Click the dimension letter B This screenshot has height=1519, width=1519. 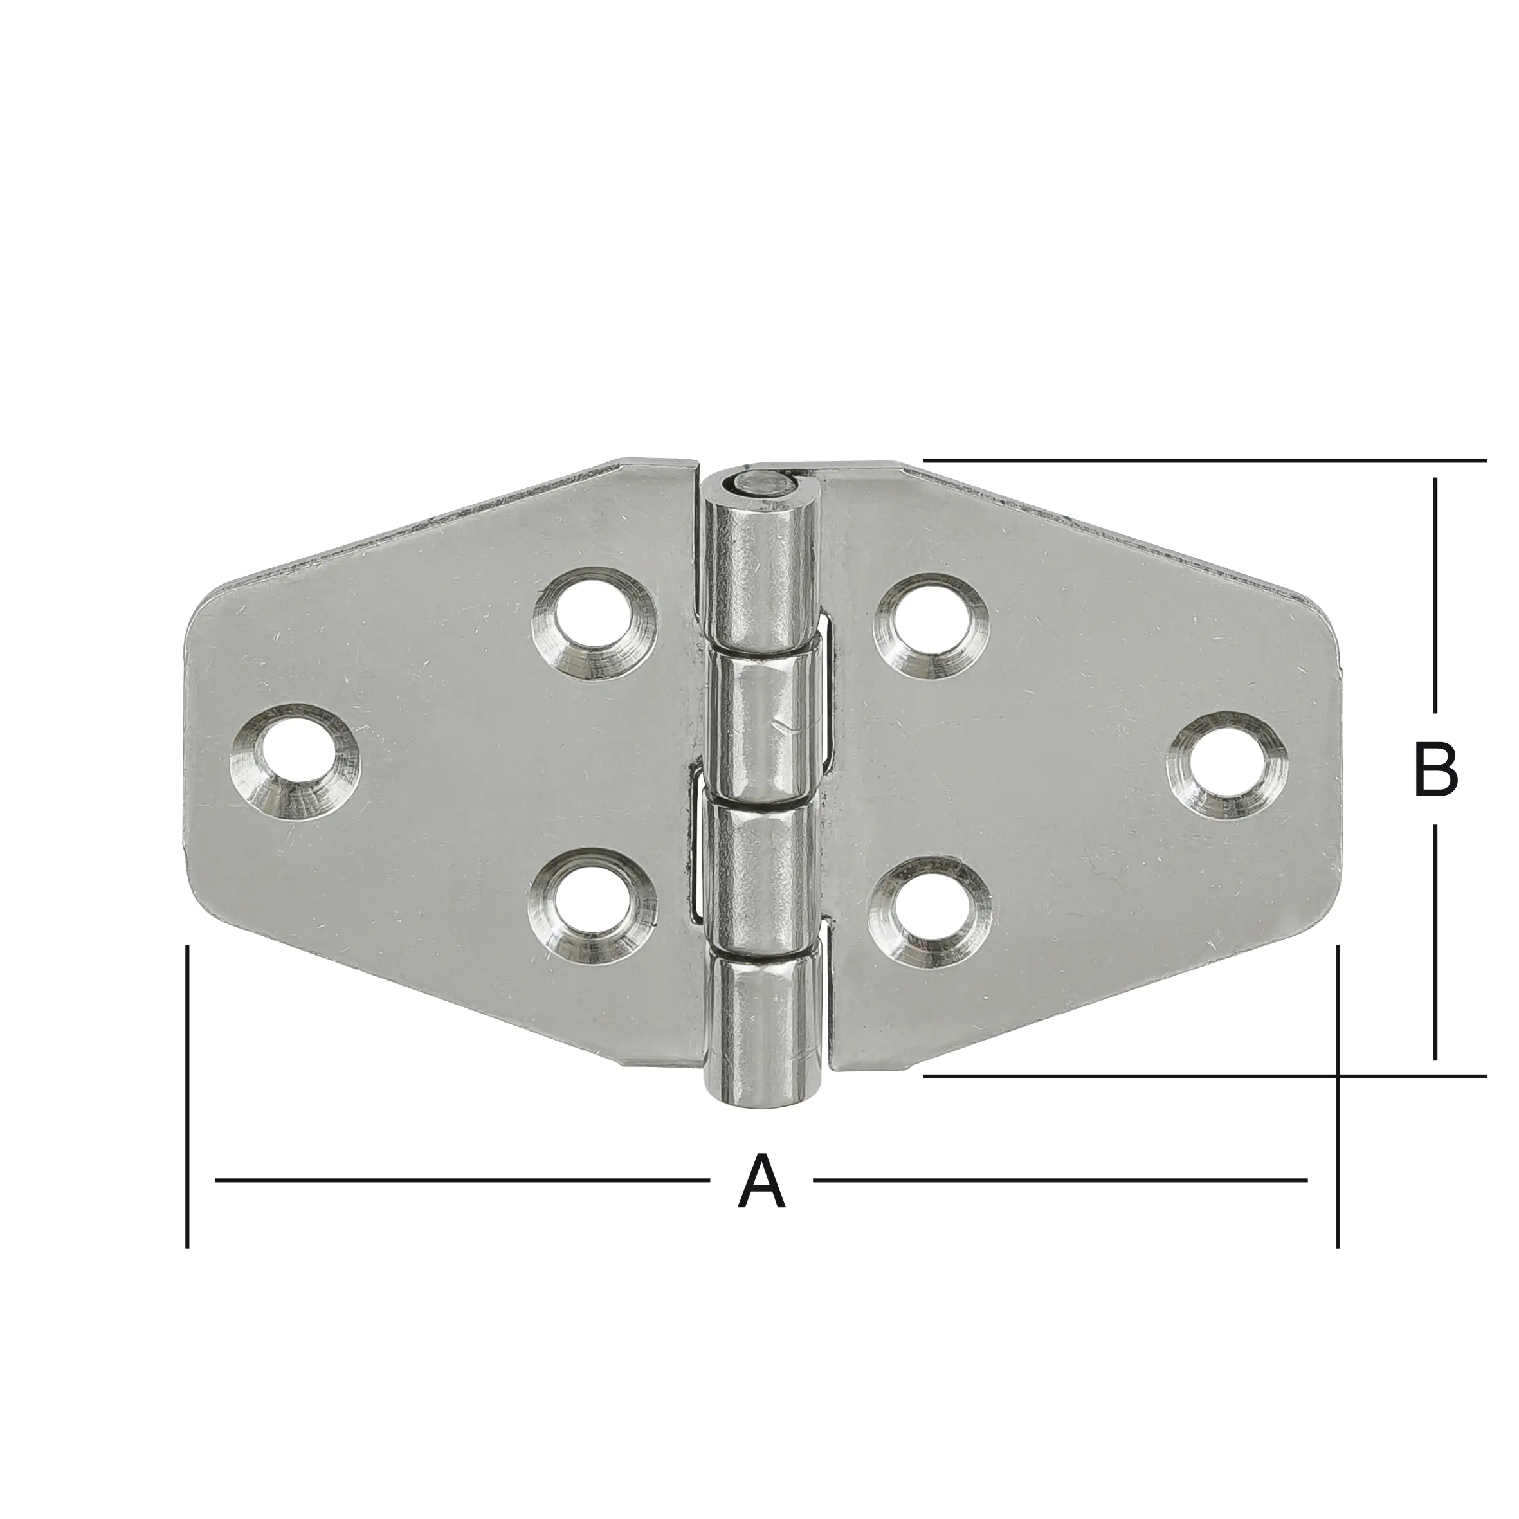pos(1435,770)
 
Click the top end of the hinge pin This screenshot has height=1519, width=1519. pos(759,484)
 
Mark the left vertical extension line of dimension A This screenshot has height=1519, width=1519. pos(187,1101)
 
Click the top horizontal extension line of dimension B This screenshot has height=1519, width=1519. pos(1203,460)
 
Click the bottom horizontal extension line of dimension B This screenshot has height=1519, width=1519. pos(1203,1075)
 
